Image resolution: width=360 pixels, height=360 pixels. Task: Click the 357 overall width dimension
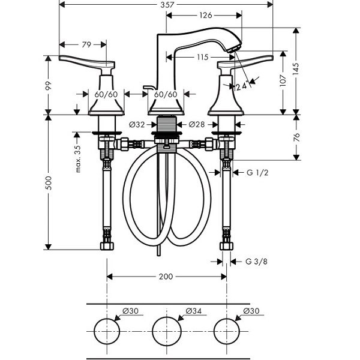click(x=167, y=5)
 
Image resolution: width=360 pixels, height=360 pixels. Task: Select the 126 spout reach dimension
click(x=206, y=16)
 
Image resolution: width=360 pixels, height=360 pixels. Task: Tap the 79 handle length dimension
click(x=86, y=44)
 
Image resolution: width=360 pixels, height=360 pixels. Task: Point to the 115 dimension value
click(x=203, y=57)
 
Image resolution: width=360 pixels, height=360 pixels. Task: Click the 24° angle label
click(x=242, y=86)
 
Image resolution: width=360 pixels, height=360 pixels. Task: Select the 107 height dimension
click(x=283, y=80)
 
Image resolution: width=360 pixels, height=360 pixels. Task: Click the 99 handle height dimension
click(x=49, y=86)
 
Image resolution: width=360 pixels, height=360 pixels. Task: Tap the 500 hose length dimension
click(x=49, y=183)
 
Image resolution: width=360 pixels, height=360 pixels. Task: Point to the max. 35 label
click(x=78, y=159)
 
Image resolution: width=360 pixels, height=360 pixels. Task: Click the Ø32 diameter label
click(x=137, y=125)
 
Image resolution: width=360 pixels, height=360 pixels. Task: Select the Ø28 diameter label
click(x=197, y=124)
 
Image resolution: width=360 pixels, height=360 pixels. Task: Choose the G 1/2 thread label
click(x=257, y=172)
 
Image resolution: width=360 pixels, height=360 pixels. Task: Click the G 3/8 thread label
click(x=256, y=262)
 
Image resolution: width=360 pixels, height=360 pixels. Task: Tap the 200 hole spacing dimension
click(x=166, y=277)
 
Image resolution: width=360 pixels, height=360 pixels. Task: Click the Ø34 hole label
click(x=194, y=311)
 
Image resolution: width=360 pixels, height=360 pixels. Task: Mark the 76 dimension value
click(x=296, y=137)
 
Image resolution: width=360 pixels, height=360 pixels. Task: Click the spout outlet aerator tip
click(x=233, y=49)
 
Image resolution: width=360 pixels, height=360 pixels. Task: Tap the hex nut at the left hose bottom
click(x=107, y=246)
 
